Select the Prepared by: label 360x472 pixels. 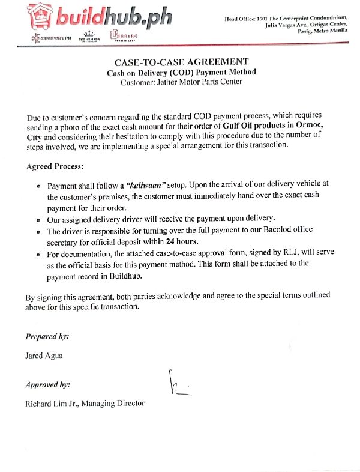pos(47,336)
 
